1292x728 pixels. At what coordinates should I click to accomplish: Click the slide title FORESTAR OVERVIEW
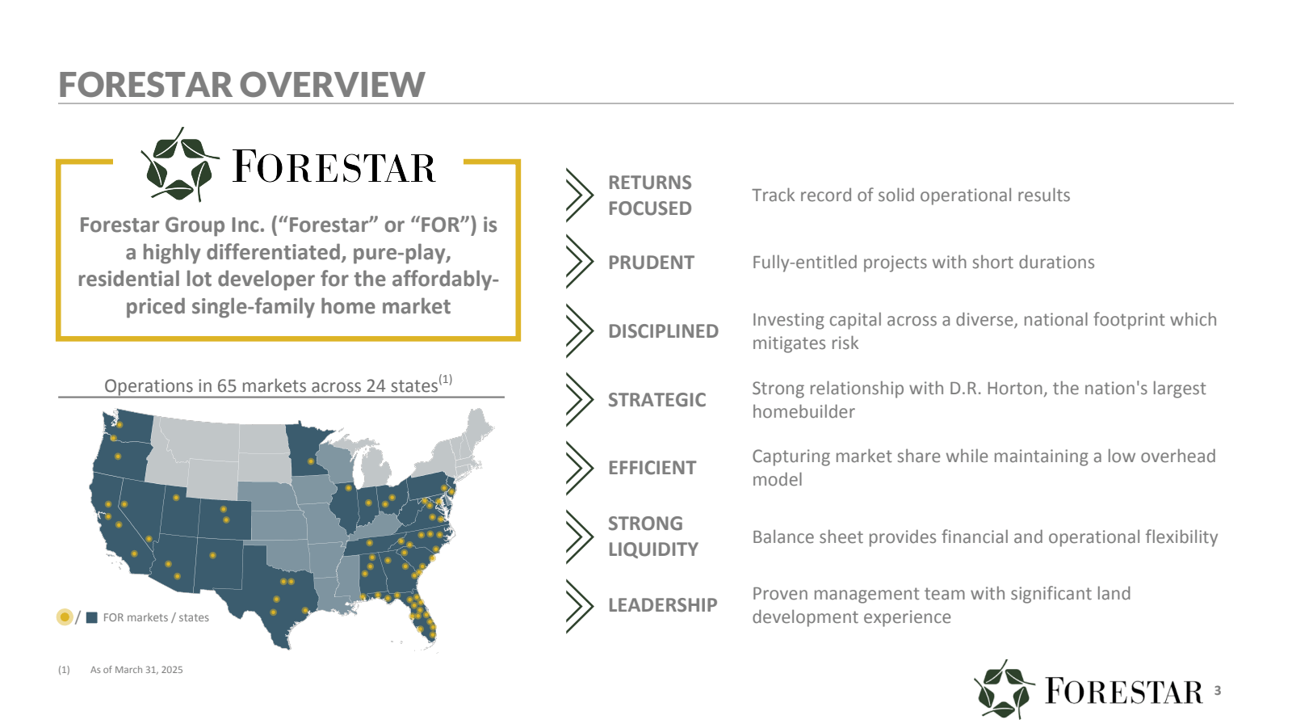tap(241, 84)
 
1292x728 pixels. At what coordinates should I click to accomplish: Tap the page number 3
tap(1218, 690)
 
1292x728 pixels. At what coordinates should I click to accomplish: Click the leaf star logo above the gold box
tap(180, 165)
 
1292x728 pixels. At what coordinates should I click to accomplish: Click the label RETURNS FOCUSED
tap(650, 196)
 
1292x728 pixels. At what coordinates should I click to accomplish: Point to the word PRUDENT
tap(651, 262)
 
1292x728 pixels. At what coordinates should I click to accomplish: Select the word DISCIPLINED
tap(663, 330)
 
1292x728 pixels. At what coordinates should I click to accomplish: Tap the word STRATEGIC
tap(657, 399)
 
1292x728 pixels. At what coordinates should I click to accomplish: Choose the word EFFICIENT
tap(652, 468)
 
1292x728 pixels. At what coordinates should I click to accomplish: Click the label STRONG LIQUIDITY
tap(653, 537)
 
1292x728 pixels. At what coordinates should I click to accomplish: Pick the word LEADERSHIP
tap(663, 605)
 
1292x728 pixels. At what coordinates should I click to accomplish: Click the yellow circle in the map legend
tap(65, 617)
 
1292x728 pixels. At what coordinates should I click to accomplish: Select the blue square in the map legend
tap(92, 618)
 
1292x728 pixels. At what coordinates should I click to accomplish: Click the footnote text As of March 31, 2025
tap(136, 670)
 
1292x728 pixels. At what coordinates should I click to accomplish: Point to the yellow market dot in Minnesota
tap(311, 461)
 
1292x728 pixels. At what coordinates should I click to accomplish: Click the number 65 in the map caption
tap(227, 385)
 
